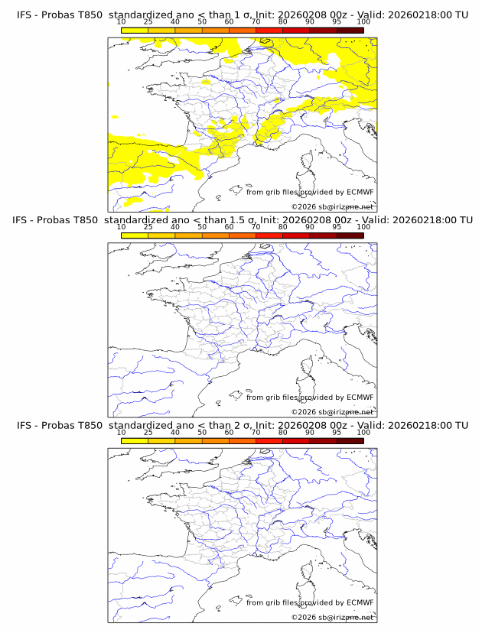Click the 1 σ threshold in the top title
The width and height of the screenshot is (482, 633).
pos(246,15)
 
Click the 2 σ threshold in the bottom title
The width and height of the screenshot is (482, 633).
pos(246,424)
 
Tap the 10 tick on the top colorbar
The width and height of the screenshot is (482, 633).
pos(122,24)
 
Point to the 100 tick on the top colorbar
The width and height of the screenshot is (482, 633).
pos(363,24)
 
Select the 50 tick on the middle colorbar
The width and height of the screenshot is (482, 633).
pos(202,229)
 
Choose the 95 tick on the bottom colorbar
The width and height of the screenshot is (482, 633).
pos(337,433)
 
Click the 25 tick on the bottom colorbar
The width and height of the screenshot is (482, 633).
pos(148,433)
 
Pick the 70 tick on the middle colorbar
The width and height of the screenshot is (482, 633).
pos(256,229)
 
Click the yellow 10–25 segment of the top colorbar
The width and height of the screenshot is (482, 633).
pos(135,31)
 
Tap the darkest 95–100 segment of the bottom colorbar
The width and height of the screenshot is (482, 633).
pos(350,440)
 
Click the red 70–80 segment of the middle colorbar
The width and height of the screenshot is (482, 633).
pos(269,235)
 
